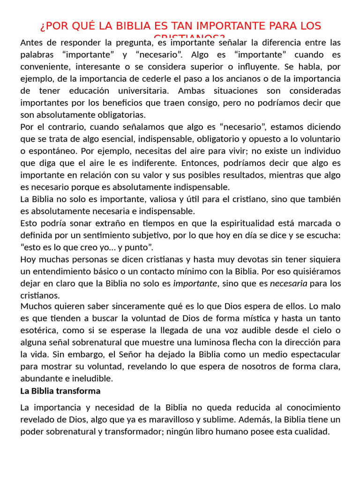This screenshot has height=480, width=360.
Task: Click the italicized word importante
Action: click(x=195, y=284)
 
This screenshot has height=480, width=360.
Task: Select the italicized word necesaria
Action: click(x=289, y=284)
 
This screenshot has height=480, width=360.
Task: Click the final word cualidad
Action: click(x=313, y=432)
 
